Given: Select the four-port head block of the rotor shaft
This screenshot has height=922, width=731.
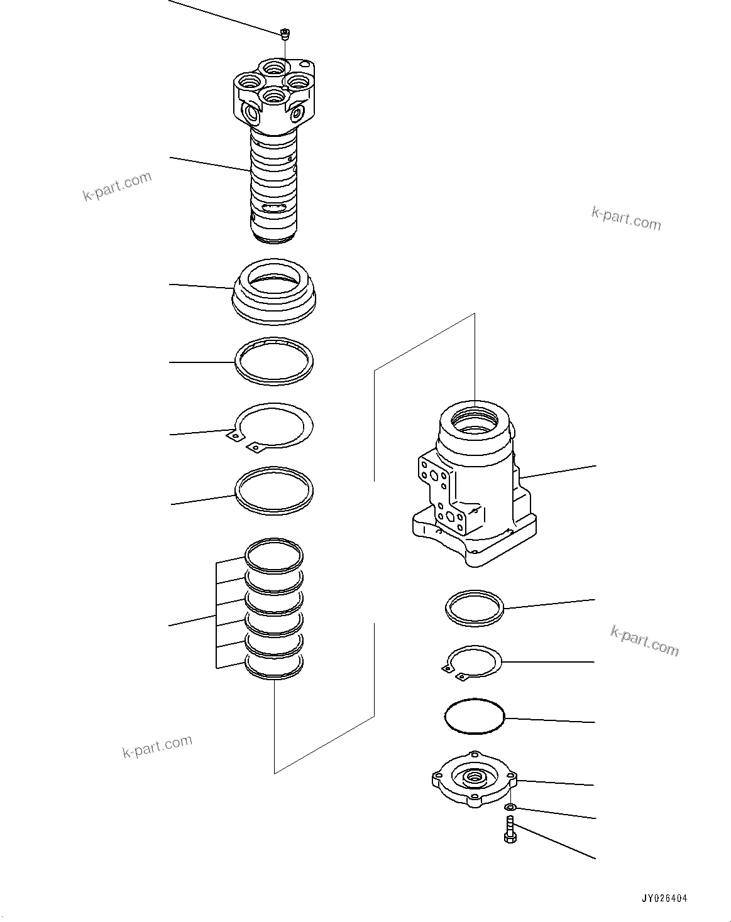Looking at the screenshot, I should tap(273, 94).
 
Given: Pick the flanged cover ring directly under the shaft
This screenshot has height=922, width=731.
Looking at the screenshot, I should tap(274, 292).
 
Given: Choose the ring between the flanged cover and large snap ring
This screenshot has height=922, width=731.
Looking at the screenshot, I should tap(274, 361).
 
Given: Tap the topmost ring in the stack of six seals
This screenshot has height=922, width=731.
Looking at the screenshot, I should tap(274, 554).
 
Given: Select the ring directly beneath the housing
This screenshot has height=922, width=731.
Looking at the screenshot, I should tap(475, 608).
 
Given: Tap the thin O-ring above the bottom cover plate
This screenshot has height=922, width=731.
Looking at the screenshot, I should tap(475, 716).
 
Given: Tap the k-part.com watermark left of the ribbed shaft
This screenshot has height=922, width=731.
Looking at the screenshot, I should tap(118, 187).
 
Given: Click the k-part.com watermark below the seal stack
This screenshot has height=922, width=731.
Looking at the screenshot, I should tap(157, 746).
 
